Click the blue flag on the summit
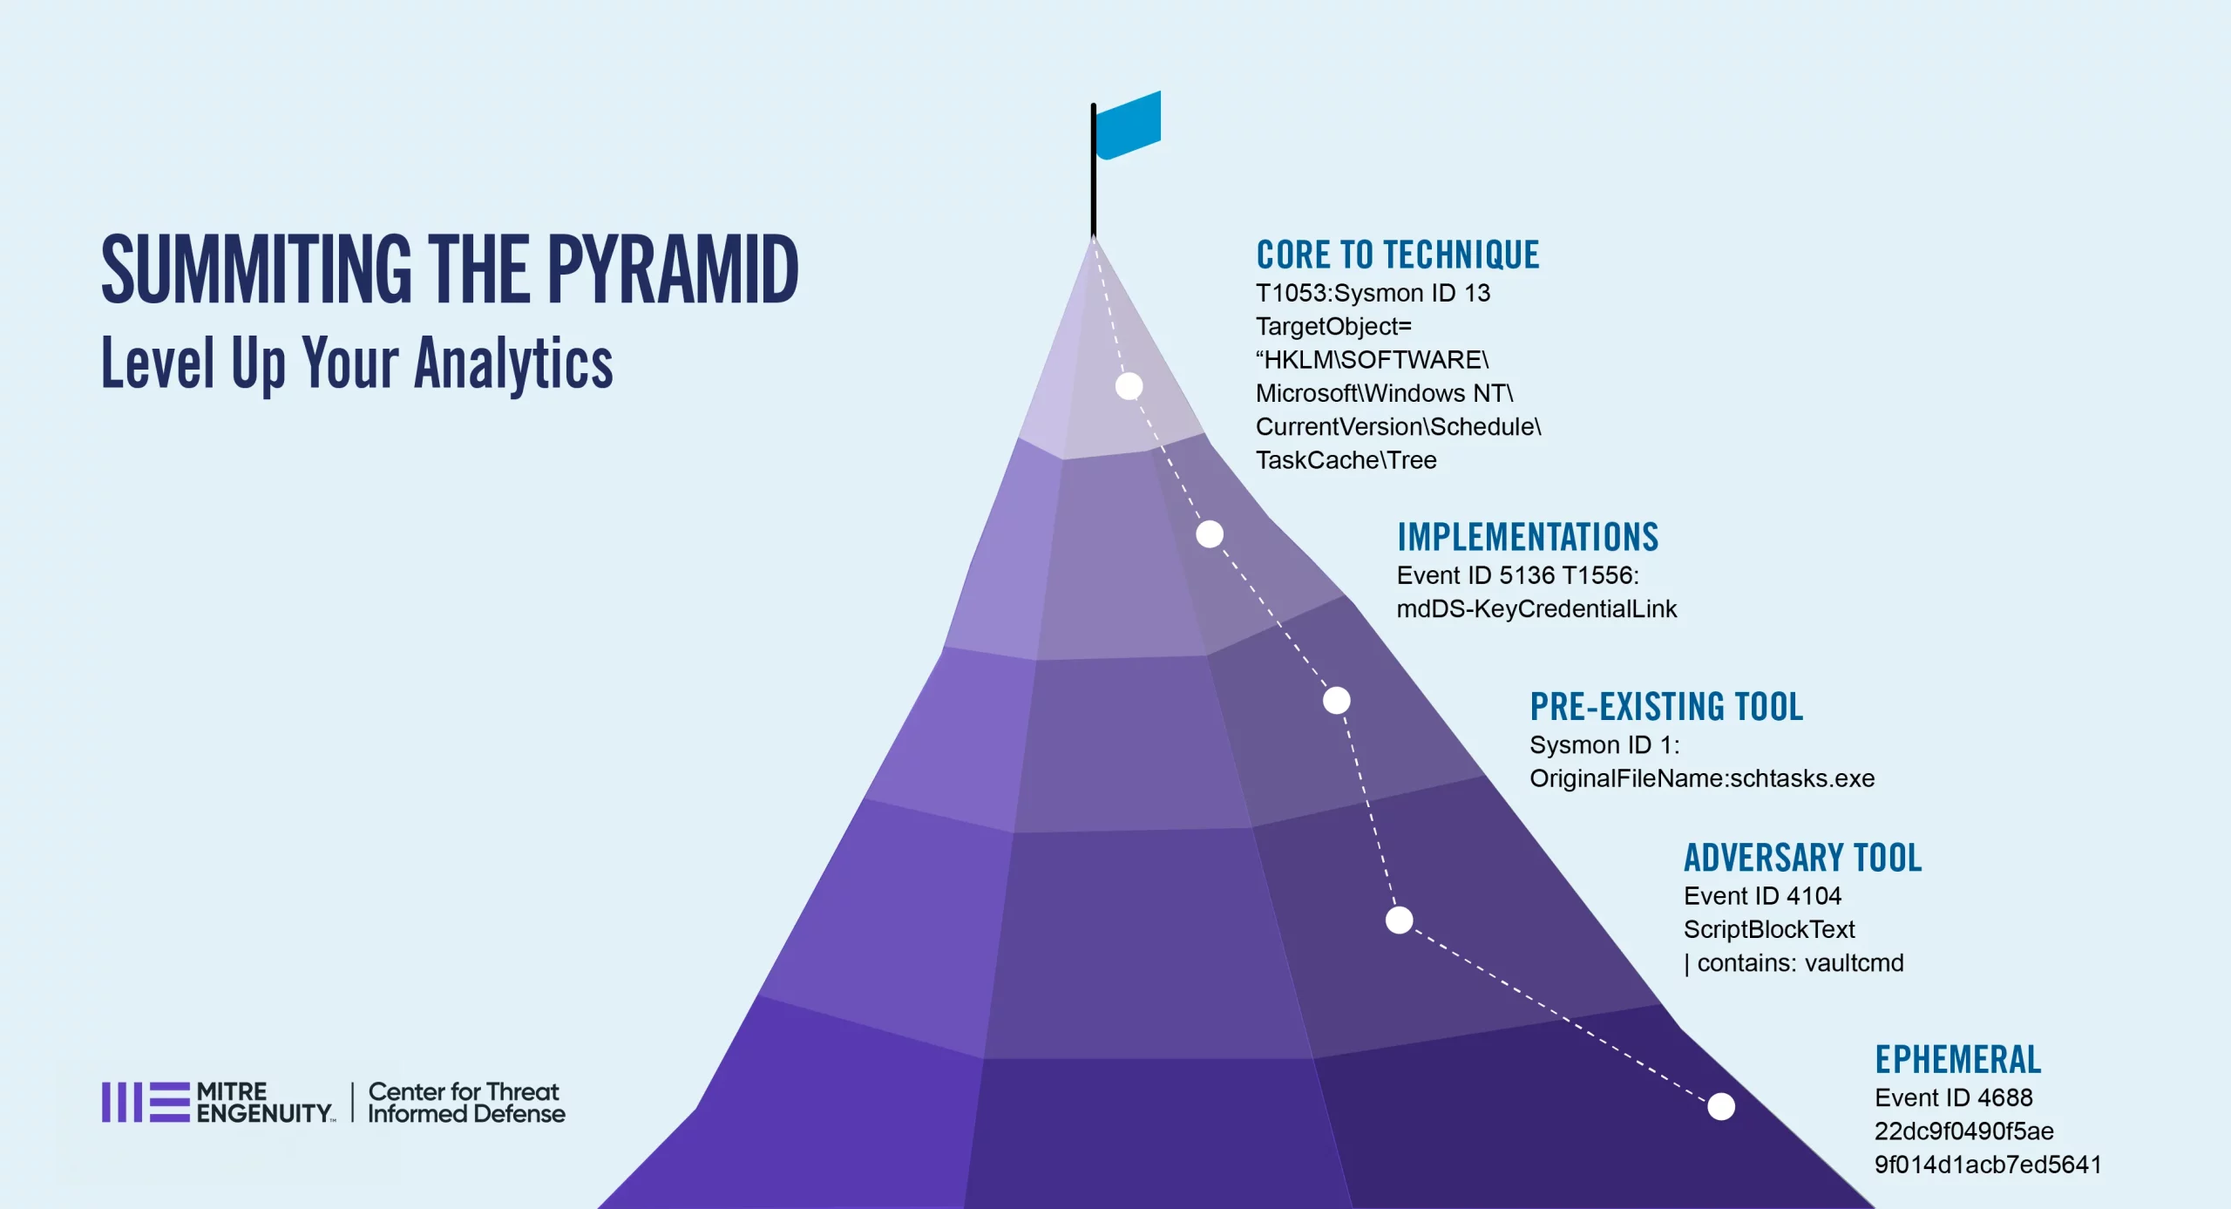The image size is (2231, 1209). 1128,126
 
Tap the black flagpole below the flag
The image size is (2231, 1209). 1094,170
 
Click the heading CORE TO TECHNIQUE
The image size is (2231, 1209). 1398,255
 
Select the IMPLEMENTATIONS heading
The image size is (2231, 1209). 1528,537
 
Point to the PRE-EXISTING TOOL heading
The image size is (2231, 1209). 1666,706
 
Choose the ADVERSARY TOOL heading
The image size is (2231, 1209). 1802,858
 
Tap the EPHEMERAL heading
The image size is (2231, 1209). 1958,1060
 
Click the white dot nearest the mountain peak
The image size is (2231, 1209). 1129,386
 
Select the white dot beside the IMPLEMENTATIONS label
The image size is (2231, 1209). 1210,534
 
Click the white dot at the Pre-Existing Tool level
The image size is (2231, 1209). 1337,700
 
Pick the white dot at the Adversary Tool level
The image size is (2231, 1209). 1400,920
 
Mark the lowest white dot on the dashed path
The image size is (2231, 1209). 1721,1107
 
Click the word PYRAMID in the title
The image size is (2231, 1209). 673,270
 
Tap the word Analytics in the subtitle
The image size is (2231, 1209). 513,364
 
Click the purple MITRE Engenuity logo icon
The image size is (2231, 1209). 146,1103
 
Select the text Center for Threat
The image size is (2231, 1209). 464,1091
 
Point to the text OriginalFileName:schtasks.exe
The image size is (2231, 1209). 1702,778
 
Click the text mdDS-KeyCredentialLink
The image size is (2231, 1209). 1536,608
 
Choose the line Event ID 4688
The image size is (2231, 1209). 1954,1097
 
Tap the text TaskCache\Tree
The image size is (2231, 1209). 1346,460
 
